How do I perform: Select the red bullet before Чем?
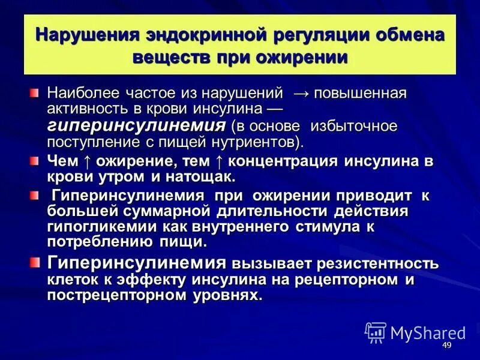[x=35, y=161]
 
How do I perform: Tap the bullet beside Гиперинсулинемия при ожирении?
[x=35, y=196]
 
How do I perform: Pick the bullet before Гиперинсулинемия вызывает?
[x=35, y=263]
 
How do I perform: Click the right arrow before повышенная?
[x=301, y=94]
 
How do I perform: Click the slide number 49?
[x=446, y=346]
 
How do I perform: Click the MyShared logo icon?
[x=376, y=332]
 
